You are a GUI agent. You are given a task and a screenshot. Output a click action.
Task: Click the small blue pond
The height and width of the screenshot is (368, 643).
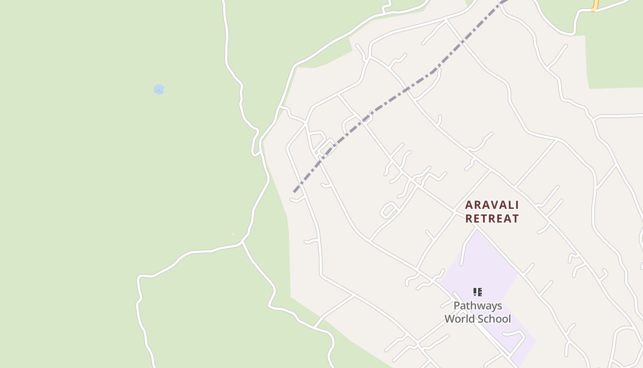coord(159,89)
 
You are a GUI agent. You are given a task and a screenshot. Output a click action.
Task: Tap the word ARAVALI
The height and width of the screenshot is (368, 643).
coord(492,205)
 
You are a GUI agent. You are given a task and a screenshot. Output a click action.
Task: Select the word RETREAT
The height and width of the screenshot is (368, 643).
coord(492,218)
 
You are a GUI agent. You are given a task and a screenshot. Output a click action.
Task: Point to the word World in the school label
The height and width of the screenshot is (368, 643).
coord(460,319)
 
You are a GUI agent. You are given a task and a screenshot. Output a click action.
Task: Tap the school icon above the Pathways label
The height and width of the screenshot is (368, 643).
coord(478,292)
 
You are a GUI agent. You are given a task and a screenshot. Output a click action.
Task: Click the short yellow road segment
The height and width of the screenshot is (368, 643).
coord(595,6)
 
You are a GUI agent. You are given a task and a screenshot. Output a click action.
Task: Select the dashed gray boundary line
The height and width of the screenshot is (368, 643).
coord(377,110)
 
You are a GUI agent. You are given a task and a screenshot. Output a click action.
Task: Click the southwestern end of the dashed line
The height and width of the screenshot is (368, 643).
coord(294,191)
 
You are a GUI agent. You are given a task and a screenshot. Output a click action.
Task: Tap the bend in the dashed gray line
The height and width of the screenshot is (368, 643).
coord(434,71)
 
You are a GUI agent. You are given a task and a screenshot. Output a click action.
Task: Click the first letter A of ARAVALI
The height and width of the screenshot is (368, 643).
coord(469,205)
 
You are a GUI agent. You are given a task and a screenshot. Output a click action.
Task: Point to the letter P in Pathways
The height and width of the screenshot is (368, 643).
coord(457,306)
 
